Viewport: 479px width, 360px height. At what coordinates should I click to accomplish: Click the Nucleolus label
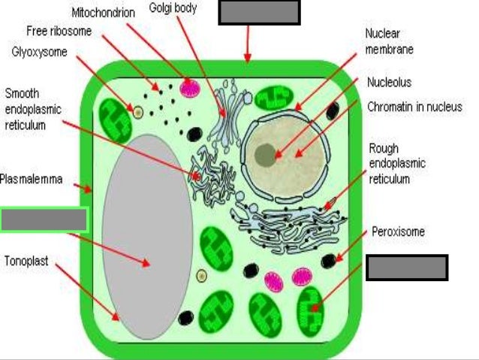pyautogui.click(x=389, y=82)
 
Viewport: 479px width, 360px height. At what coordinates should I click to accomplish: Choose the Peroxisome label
pyautogui.click(x=398, y=231)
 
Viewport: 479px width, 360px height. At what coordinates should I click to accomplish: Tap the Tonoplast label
pyautogui.click(x=27, y=262)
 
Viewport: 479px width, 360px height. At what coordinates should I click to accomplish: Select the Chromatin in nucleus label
pyautogui.click(x=414, y=107)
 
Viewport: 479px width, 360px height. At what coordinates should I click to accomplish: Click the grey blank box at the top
pyautogui.click(x=258, y=12)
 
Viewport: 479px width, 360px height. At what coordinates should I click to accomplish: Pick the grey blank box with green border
pyautogui.click(x=44, y=219)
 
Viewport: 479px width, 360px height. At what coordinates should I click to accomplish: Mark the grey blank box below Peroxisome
pyautogui.click(x=407, y=268)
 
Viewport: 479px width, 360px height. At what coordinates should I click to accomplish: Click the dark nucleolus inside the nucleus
pyautogui.click(x=265, y=155)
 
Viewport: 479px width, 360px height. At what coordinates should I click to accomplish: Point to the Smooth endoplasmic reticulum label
pyautogui.click(x=33, y=110)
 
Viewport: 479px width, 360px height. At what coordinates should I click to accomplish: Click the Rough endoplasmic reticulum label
pyautogui.click(x=397, y=162)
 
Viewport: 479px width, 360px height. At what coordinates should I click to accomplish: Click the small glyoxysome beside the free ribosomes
pyautogui.click(x=138, y=112)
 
